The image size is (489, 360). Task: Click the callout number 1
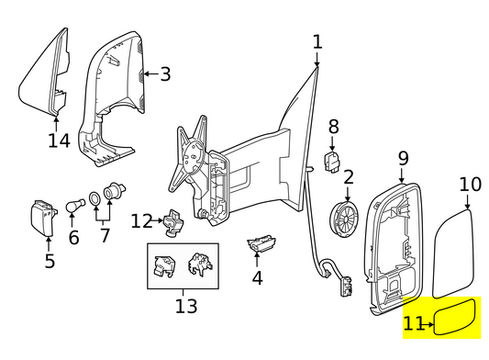[317, 41]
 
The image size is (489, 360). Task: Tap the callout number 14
[59, 141]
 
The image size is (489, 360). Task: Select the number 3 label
[165, 74]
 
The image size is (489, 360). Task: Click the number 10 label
[469, 185]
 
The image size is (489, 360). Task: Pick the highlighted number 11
[414, 323]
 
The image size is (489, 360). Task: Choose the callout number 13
[185, 305]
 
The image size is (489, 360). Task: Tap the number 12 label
[140, 220]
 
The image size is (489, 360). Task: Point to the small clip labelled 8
[334, 163]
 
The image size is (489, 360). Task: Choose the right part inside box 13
[199, 264]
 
